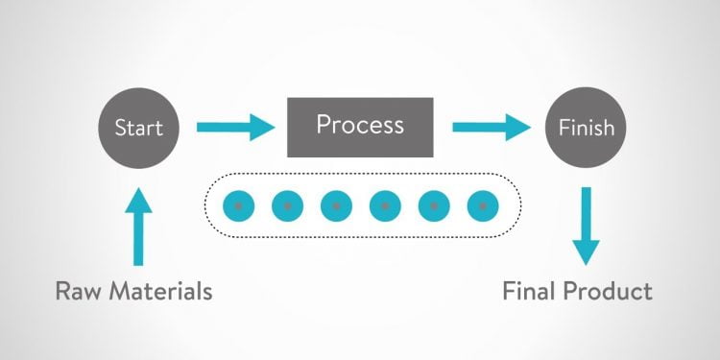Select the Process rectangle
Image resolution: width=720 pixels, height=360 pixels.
[x=360, y=126]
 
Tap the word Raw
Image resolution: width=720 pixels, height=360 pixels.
[x=82, y=290]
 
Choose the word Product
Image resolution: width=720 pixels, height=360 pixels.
[x=609, y=290]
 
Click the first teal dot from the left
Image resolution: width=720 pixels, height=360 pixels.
[x=237, y=204]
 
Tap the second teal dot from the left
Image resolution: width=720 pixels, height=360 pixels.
[x=287, y=204]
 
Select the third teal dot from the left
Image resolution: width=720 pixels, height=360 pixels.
[x=336, y=204]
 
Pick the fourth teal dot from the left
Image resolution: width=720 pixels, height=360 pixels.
[x=385, y=204]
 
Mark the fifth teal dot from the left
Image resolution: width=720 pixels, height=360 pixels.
[x=434, y=204]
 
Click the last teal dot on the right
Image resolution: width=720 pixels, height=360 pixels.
[x=483, y=204]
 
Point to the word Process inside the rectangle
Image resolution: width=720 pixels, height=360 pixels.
[x=360, y=125]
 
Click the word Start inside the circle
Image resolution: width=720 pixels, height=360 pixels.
[x=138, y=127]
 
